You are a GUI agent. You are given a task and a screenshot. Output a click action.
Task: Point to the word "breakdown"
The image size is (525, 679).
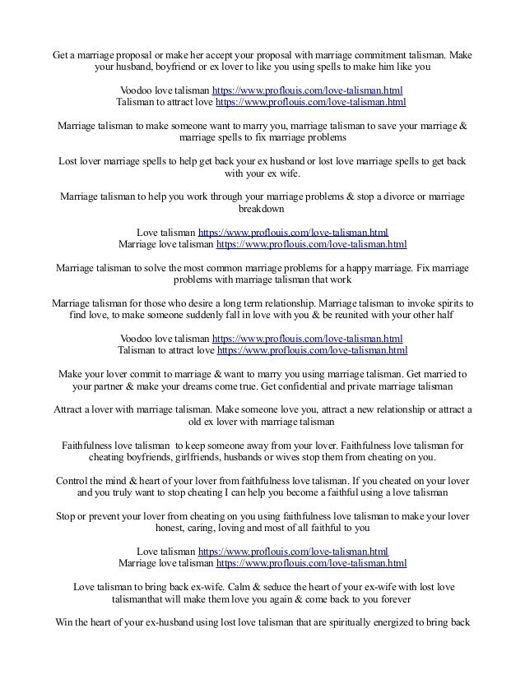[x=262, y=210]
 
